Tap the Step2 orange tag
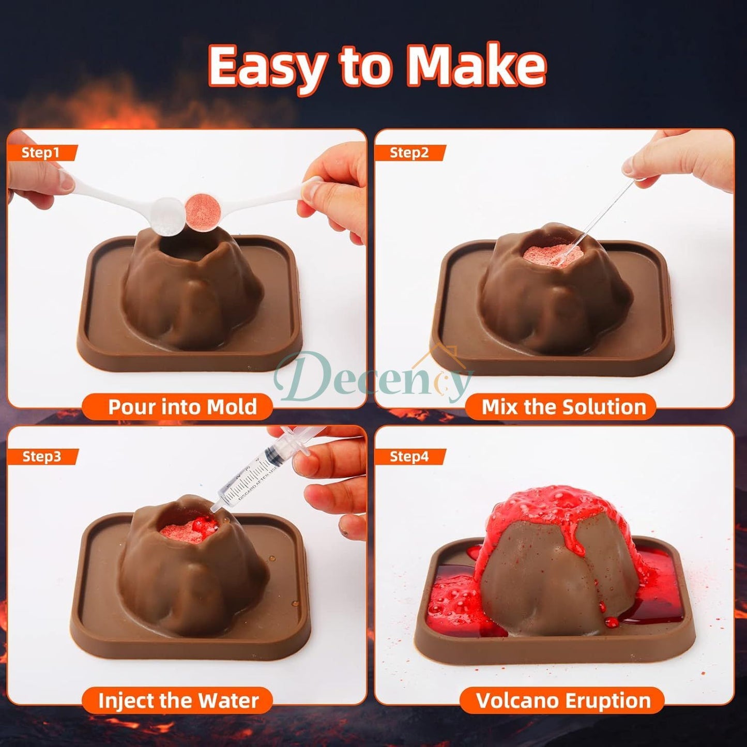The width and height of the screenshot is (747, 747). coord(409,153)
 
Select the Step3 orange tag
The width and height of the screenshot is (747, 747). coord(42,456)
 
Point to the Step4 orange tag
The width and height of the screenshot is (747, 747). coord(409,456)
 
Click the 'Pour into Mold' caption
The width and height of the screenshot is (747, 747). coord(182,407)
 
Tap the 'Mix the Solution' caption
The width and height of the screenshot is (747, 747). coord(563,407)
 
